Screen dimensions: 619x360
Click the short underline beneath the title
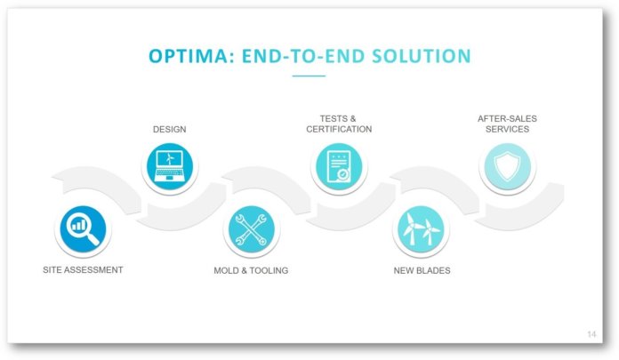[309, 76]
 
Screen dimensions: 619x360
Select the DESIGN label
[169, 129]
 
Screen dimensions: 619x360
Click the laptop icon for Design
[170, 166]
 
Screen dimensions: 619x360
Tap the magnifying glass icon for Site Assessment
[83, 229]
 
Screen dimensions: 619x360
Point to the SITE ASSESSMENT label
[83, 270]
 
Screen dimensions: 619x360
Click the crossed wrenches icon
[252, 229]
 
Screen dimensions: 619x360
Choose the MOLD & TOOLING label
[251, 270]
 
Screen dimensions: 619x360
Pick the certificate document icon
[339, 166]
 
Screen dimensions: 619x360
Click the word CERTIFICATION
[339, 129]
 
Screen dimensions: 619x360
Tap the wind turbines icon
[421, 229]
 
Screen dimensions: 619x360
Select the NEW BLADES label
[422, 270]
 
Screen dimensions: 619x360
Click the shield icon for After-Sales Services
[507, 166]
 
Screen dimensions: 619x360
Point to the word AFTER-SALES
[507, 118]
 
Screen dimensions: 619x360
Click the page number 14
[591, 334]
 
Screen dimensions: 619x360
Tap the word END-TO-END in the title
[303, 56]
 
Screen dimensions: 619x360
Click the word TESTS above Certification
[334, 118]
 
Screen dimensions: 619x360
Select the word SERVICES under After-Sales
[507, 129]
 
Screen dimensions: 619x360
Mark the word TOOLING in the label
[269, 270]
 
